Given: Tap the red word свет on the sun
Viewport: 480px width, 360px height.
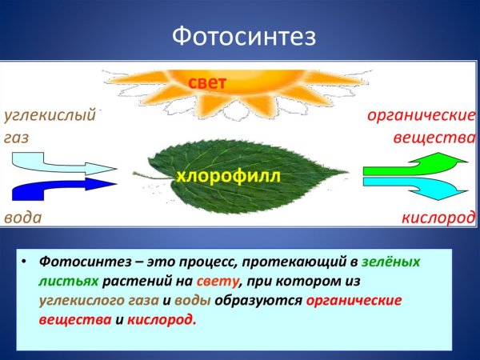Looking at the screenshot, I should pyautogui.click(x=208, y=82).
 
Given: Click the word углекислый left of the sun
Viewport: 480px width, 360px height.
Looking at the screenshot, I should pyautogui.click(x=50, y=115).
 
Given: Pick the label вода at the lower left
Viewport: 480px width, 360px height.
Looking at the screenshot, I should pyautogui.click(x=22, y=218).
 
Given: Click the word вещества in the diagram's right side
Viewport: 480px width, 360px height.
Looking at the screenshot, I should pyautogui.click(x=434, y=137).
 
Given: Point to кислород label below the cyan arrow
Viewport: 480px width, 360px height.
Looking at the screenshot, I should pyautogui.click(x=438, y=218).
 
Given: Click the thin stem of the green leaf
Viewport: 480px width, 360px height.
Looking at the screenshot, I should pyautogui.click(x=144, y=174).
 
